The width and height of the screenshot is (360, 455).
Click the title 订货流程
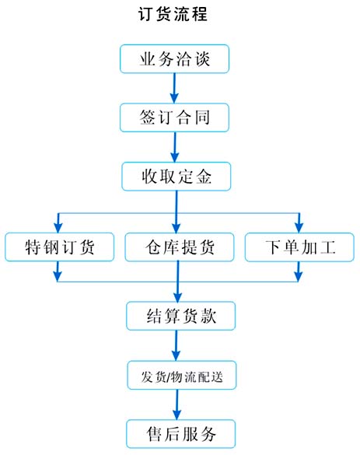tap(173, 14)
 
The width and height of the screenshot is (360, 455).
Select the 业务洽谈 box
tap(174, 58)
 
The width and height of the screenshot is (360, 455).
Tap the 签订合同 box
tap(174, 117)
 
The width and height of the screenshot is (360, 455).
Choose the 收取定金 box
tap(176, 177)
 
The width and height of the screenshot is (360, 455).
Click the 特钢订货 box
tap(59, 247)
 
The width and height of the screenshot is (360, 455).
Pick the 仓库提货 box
tap(180, 247)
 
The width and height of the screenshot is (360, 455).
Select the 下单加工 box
tap(299, 247)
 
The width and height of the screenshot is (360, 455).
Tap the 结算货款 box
tap(180, 316)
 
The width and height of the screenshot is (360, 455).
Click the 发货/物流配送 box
tap(182, 375)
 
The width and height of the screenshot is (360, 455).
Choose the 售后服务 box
tap(180, 434)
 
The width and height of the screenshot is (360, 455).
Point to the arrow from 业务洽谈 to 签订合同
tap(174, 88)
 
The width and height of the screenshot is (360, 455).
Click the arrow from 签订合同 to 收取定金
tap(175, 147)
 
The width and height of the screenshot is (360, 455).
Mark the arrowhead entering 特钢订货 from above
tap(58, 228)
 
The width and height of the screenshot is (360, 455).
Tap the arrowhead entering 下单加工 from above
tap(299, 228)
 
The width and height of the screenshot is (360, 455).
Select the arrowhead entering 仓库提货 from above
tap(176, 228)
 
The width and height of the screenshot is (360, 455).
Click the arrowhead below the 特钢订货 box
tap(58, 277)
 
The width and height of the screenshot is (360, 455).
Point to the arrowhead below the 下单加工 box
tap(299, 277)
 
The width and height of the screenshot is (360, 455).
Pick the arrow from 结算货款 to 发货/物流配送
tap(176, 345)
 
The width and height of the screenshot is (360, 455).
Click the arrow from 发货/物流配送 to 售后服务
tap(177, 404)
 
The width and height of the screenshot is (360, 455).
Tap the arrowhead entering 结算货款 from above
tap(177, 297)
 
